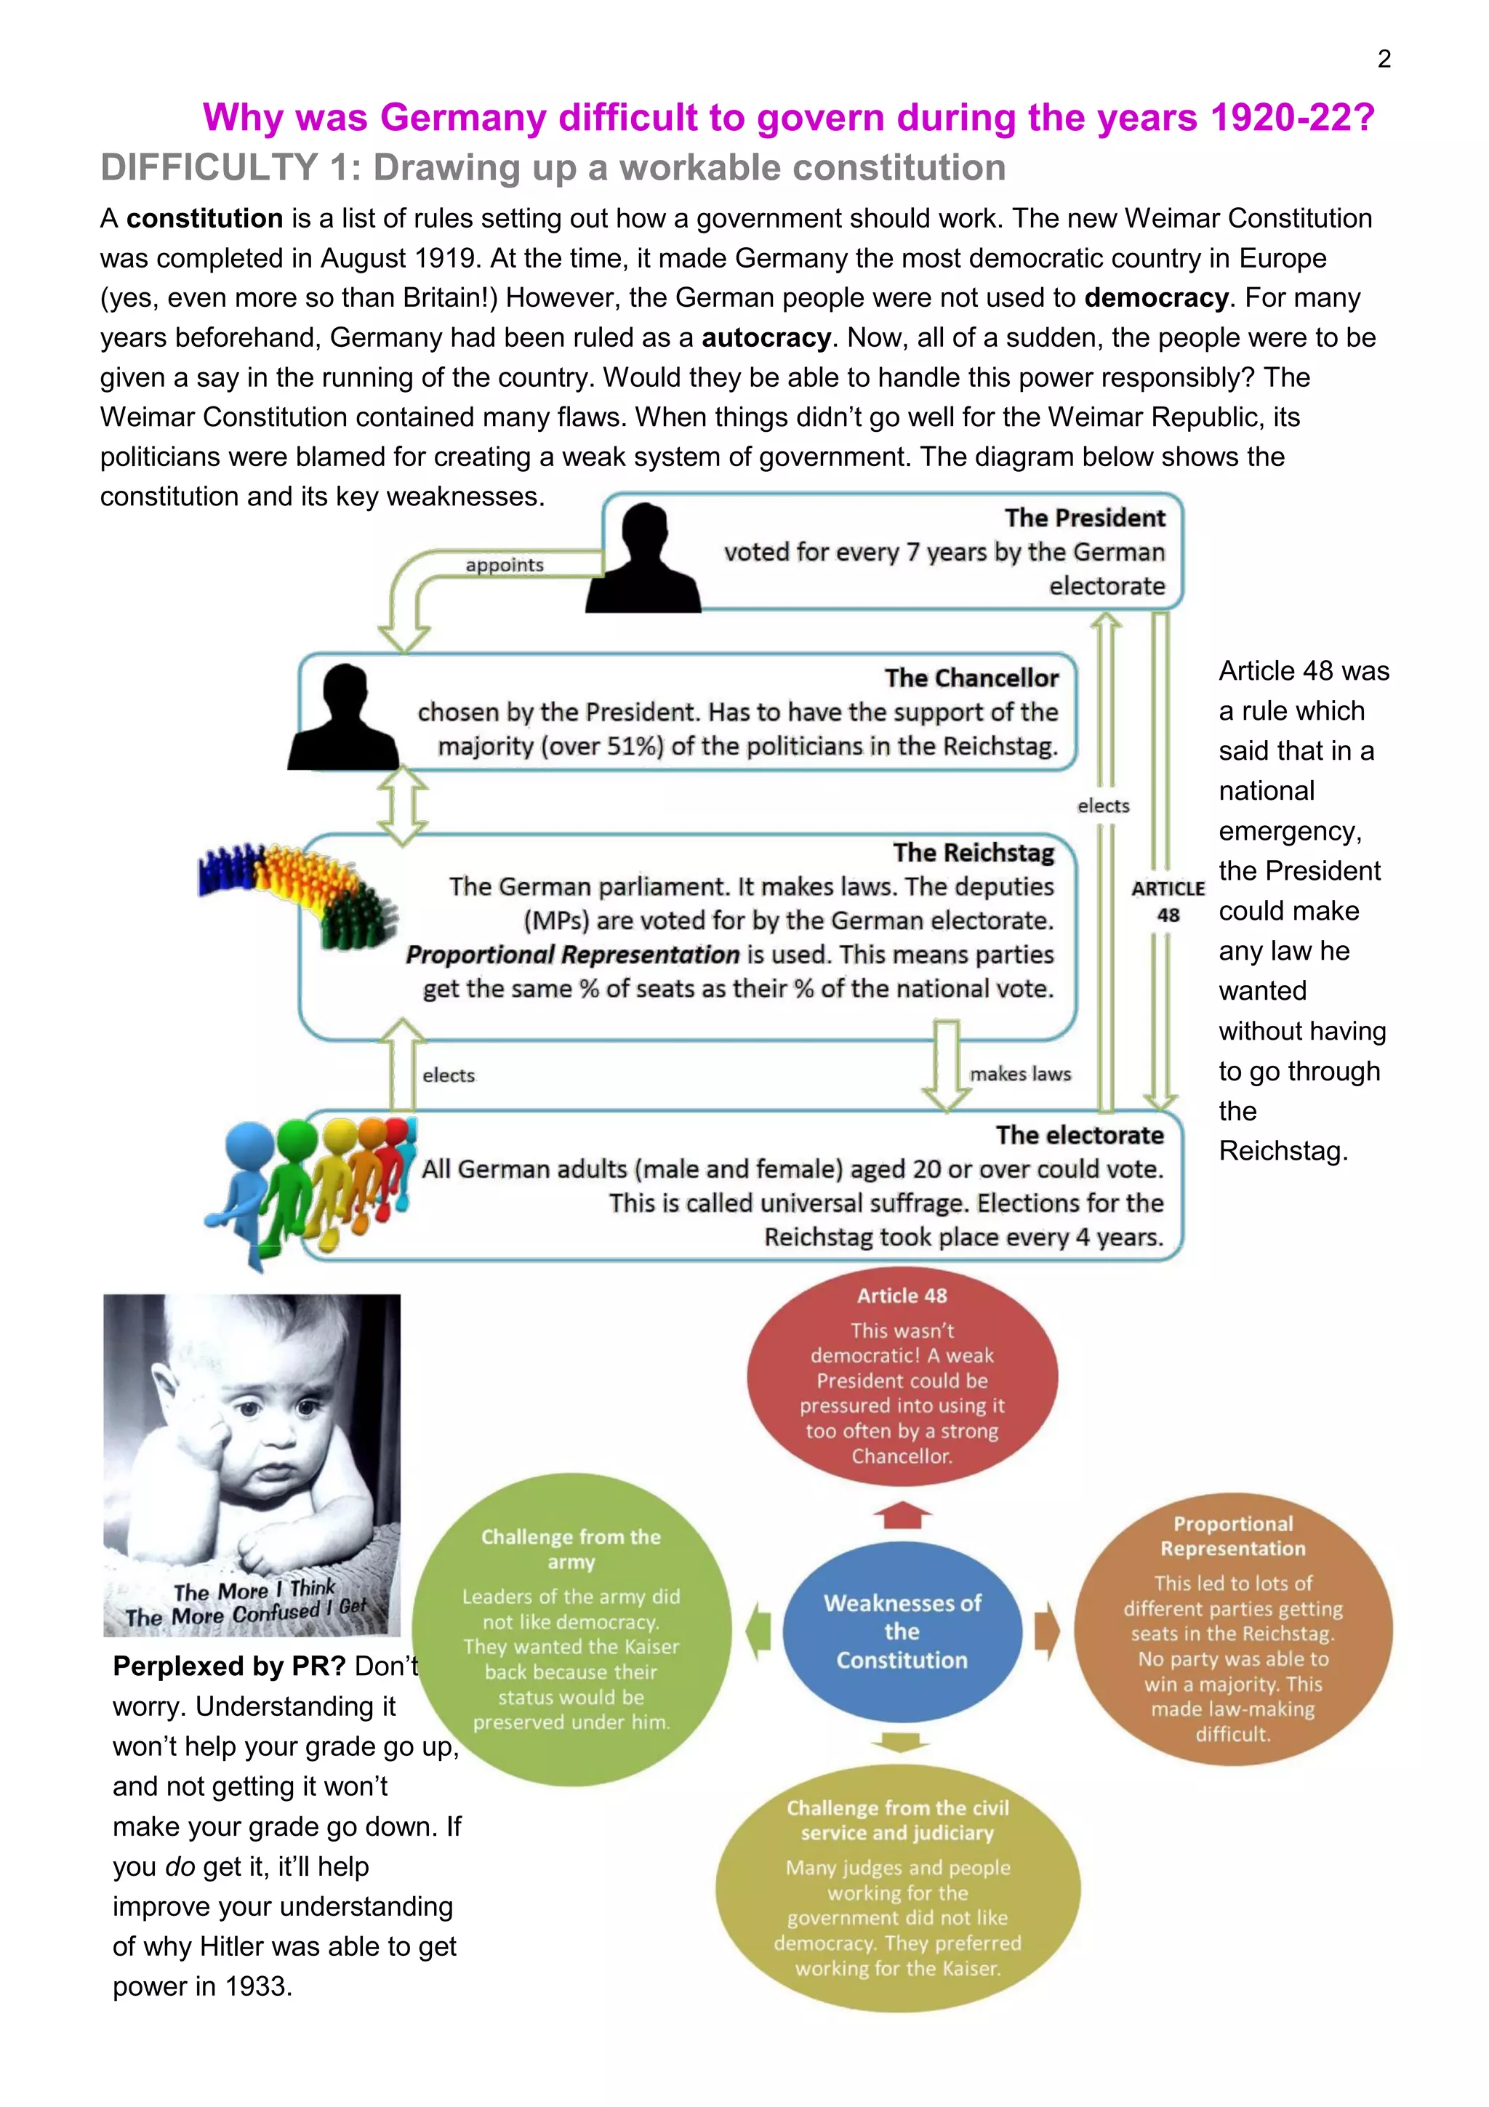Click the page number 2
tap(1384, 60)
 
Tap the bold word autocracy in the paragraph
tap(766, 337)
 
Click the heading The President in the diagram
tap(1085, 518)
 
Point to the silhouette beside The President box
tap(643, 559)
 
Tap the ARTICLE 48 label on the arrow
tap(1167, 901)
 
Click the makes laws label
tap(1020, 1074)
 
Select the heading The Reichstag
tap(974, 853)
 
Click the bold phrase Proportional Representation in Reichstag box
tap(572, 955)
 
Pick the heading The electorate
tap(1079, 1135)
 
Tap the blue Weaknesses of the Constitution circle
tap(902, 1631)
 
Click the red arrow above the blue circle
tap(902, 1515)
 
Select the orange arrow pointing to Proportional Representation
tap(1046, 1631)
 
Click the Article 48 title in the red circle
tap(902, 1296)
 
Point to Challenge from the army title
tap(571, 1549)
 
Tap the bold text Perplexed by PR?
tap(228, 1666)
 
